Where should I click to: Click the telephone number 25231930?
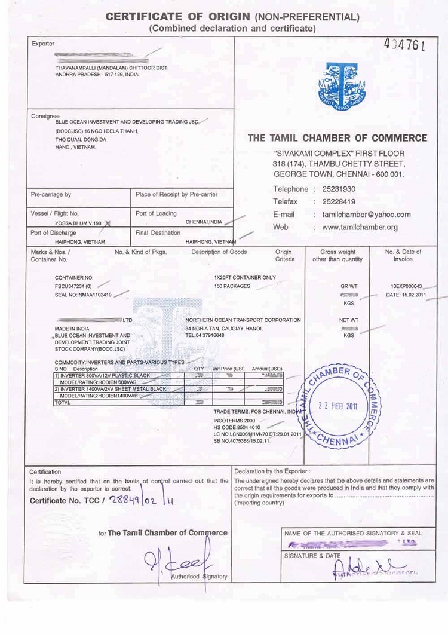pos(338,189)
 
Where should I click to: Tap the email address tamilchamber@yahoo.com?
pos(366,215)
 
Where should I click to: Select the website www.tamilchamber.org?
pos(360,228)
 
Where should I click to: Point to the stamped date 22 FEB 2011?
pos(338,406)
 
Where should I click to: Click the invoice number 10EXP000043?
pos(406,286)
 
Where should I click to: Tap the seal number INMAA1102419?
pos(83,295)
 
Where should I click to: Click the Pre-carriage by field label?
pos(51,194)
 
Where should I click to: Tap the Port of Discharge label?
pos(54,232)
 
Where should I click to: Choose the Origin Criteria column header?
pos(284,256)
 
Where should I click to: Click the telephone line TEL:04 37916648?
pos(205,335)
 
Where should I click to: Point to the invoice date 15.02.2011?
pos(406,295)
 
